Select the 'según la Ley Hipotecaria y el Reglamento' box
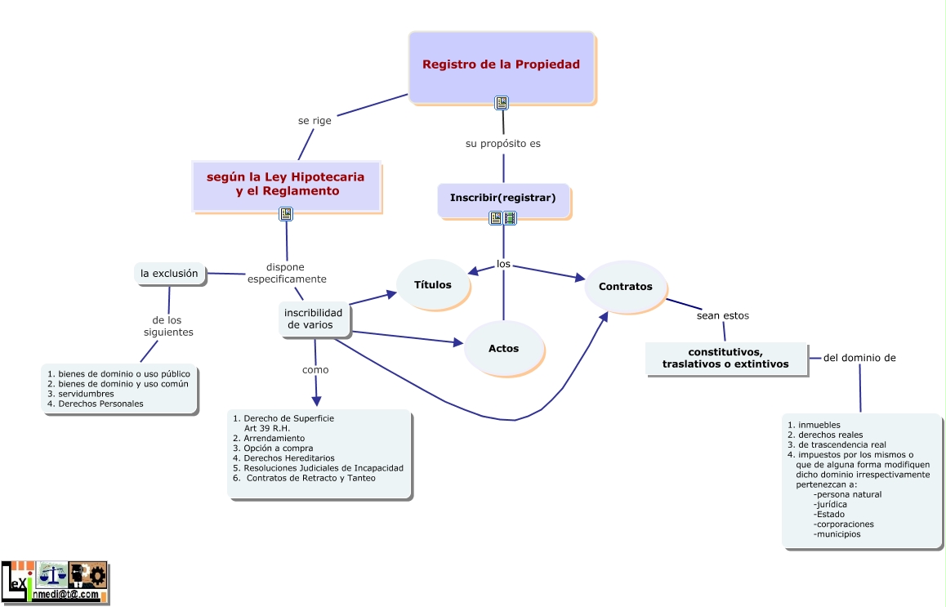286,185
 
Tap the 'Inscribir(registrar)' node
502,199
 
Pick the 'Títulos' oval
432,285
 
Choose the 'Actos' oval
503,349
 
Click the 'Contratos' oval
625,287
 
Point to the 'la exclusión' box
169,274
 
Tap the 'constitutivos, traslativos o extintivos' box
725,359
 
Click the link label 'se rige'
315,120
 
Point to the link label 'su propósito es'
503,143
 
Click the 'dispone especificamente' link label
287,273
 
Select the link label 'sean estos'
722,315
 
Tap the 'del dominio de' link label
859,357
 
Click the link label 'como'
315,369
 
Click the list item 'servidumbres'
86,394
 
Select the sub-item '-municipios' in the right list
837,534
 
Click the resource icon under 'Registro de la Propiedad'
502,103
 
